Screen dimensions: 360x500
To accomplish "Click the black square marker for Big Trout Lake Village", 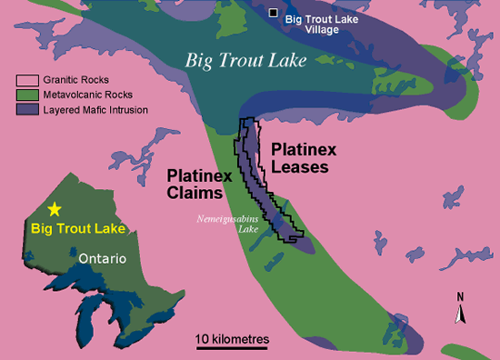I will [x=274, y=13].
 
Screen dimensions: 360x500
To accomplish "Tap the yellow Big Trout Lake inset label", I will [x=76, y=228].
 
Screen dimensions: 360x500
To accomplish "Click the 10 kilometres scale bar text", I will [x=233, y=338].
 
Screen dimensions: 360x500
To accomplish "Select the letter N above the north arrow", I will [x=461, y=296].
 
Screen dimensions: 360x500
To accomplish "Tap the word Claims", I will [x=194, y=194].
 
